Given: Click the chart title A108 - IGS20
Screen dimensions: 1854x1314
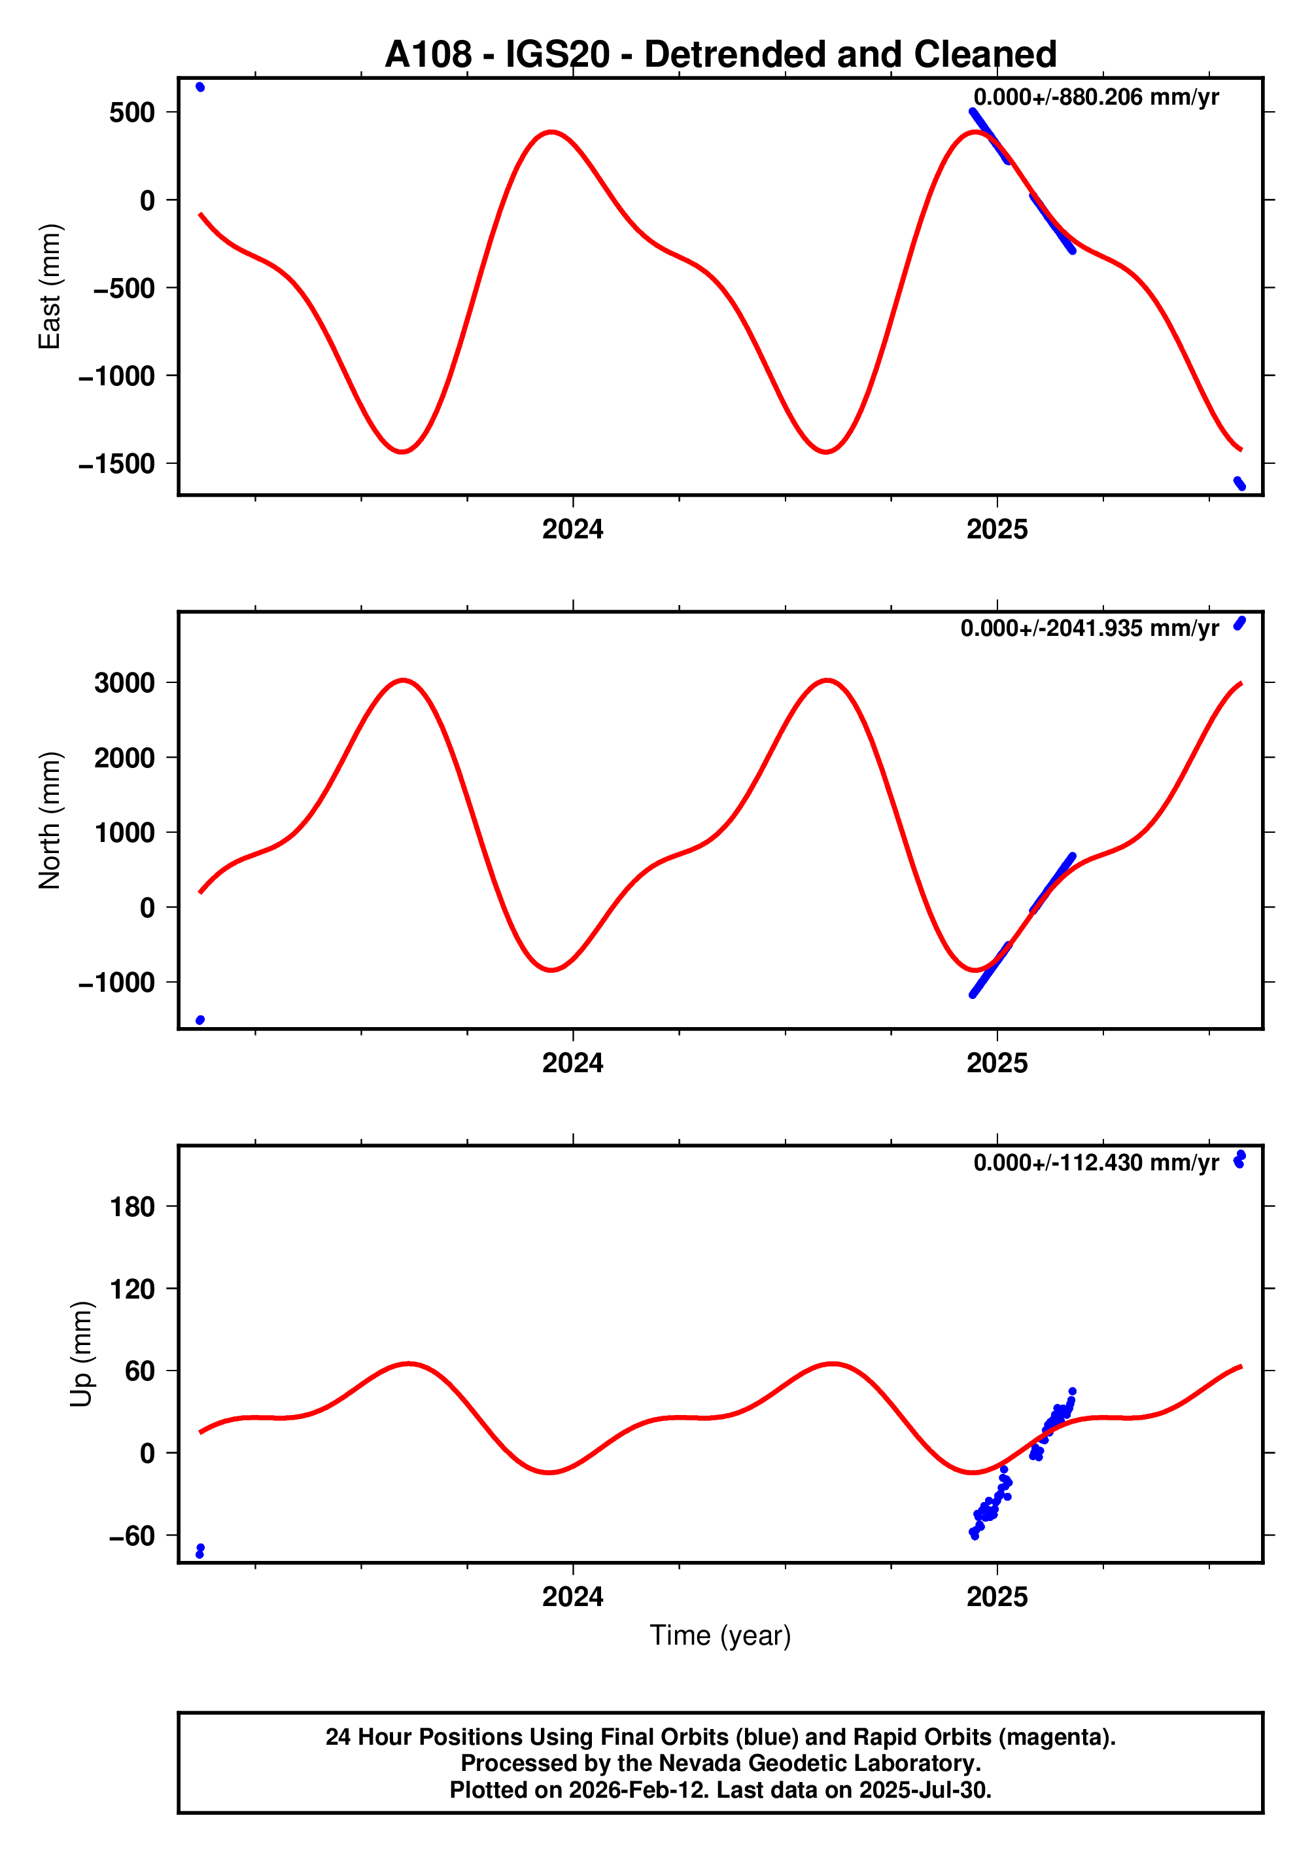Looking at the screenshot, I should (x=720, y=54).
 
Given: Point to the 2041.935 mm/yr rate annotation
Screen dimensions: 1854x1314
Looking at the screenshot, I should (x=1089, y=629).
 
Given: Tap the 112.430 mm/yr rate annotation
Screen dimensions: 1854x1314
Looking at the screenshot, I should (x=1096, y=1163).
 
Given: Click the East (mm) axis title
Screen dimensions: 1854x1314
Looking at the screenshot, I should (x=50, y=287).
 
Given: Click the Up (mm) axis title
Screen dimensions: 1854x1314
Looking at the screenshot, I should (x=82, y=1354).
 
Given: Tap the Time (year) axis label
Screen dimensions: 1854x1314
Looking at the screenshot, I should (x=720, y=1635).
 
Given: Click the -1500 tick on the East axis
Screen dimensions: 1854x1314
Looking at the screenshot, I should (x=116, y=464).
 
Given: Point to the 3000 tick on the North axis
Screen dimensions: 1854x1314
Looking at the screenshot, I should (x=124, y=683).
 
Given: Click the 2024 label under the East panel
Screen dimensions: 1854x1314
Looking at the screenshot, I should (x=572, y=529).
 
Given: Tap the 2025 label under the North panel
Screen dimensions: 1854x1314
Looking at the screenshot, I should (x=997, y=1062).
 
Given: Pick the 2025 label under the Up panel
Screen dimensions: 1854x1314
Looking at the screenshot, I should (x=997, y=1597).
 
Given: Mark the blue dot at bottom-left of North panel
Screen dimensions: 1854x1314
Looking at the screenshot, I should (x=200, y=1020).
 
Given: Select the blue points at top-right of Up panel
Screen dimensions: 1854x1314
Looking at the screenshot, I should (x=1239, y=1159).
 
